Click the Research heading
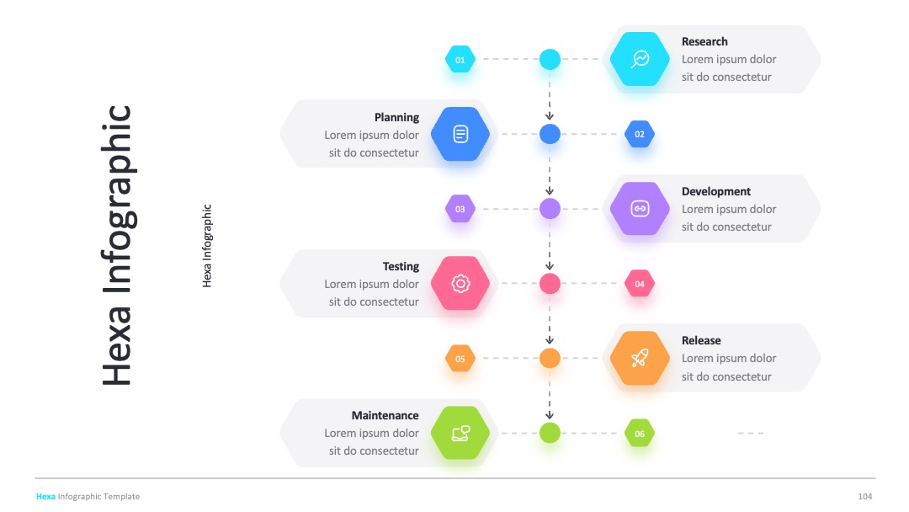coord(704,42)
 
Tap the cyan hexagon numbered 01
coord(460,59)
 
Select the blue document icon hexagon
coord(460,134)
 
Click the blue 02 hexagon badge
coord(640,134)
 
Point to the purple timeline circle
coord(550,209)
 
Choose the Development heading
coord(716,191)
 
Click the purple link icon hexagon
coord(640,209)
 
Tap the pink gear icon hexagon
coord(460,284)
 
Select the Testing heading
coord(401,266)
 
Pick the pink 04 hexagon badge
coord(640,284)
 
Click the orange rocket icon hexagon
coord(640,359)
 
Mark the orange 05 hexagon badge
coord(460,359)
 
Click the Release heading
coord(701,340)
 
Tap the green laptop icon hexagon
coord(460,433)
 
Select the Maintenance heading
coord(385,415)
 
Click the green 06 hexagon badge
coord(640,433)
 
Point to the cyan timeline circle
coord(550,59)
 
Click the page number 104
coord(865,496)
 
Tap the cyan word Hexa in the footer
coord(45,496)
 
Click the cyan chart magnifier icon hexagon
coord(640,59)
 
